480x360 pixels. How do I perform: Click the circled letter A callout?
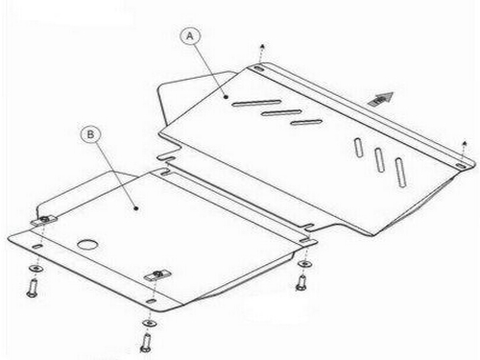coord(190,36)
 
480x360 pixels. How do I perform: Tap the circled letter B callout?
coord(90,134)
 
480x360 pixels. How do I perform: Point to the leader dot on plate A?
coord(226,96)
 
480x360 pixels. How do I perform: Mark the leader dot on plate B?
coord(136,208)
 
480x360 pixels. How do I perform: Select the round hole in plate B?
coord(87,245)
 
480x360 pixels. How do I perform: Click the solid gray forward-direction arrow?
coord(381,99)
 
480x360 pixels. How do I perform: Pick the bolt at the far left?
coord(32,288)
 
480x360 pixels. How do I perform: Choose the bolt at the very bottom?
coord(146,343)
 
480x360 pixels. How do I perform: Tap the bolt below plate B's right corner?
coord(301,283)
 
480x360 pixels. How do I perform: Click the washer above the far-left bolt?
coord(36,268)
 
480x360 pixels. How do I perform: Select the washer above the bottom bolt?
coord(150,324)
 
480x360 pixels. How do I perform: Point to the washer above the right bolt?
coord(305,263)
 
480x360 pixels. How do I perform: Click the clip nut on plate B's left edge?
coord(44,220)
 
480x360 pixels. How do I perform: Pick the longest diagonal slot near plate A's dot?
coord(256,103)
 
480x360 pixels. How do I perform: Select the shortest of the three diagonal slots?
coord(306,122)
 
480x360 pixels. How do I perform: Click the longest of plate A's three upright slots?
coord(400,173)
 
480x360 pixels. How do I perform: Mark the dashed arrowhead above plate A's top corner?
coord(262,46)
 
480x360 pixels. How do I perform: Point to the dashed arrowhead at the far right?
coord(465,143)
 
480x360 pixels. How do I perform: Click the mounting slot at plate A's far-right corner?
coord(461,165)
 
